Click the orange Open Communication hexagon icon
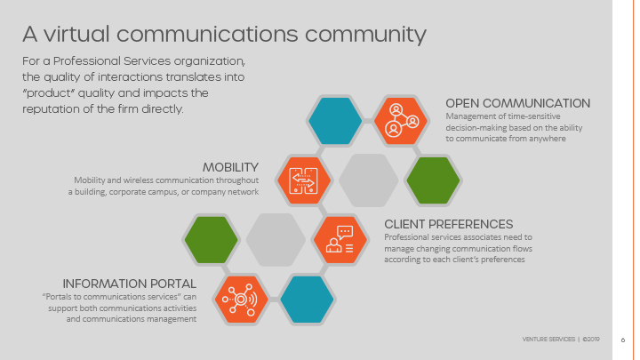[400, 121]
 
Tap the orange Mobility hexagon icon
[303, 180]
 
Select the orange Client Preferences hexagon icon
[340, 240]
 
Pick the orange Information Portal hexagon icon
[241, 300]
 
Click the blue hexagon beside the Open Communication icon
[335, 121]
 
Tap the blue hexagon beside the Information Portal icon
[307, 300]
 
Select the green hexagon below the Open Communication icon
[433, 180]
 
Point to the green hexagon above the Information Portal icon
[211, 240]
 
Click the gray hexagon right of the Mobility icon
[368, 180]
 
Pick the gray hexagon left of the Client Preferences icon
[276, 240]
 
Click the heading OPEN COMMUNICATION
[517, 104]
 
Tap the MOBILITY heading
[230, 168]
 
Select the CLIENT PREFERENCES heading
[449, 225]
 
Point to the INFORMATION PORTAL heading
[130, 284]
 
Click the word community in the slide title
[365, 35]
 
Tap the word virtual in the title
[76, 34]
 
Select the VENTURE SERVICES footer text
[548, 340]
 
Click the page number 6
[623, 340]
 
